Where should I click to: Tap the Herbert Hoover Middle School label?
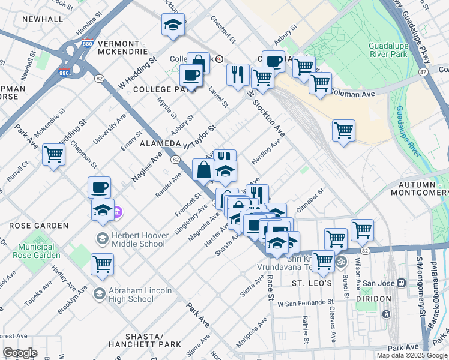[131, 239]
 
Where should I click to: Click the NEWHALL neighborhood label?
[42, 19]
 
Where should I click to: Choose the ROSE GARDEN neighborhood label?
[38, 226]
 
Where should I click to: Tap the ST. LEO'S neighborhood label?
[312, 283]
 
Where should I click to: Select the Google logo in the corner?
[20, 353]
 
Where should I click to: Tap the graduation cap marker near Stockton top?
[173, 25]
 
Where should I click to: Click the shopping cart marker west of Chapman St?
[53, 155]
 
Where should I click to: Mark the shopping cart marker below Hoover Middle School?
[102, 264]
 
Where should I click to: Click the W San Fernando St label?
[305, 302]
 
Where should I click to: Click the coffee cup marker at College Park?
[191, 76]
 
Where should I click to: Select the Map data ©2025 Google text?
[412, 355]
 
